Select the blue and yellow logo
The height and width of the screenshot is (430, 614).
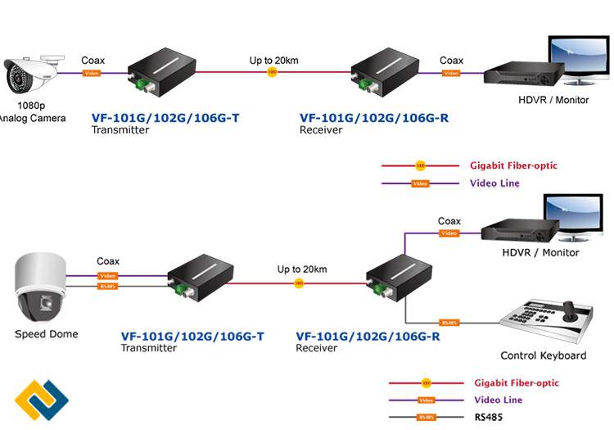(41, 401)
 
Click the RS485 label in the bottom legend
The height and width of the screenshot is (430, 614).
(489, 417)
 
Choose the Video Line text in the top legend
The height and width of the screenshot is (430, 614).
(494, 183)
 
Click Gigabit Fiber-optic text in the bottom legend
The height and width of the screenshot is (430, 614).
(516, 382)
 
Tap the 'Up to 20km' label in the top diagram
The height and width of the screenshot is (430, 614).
(274, 60)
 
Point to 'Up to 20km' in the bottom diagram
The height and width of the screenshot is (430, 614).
(302, 269)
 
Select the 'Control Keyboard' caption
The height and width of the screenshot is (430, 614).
(543, 355)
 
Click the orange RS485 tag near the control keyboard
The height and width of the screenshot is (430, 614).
(448, 323)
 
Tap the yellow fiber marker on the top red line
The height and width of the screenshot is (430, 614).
(272, 73)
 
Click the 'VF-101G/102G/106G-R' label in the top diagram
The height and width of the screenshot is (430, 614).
(373, 118)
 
